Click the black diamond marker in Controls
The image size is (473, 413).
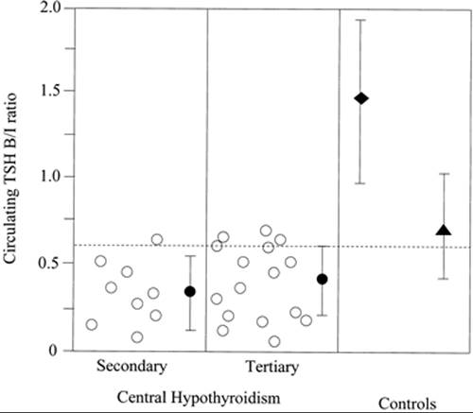(361, 98)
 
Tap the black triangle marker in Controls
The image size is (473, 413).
(444, 231)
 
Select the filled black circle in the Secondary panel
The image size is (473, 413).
(190, 291)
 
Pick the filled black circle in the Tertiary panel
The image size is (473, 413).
(322, 279)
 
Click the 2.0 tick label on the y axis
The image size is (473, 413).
(51, 7)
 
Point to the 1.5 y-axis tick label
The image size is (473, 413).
(51, 91)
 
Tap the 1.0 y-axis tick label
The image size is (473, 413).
(51, 177)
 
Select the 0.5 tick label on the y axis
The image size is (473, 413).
(51, 263)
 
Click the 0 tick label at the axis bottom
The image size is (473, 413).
(53, 351)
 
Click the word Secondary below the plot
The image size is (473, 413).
(131, 367)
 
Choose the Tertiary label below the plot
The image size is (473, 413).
(272, 367)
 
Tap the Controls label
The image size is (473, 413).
(407, 404)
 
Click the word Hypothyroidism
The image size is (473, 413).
(226, 398)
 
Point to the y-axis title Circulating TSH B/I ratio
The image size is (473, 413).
(10, 178)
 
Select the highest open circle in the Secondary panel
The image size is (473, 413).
(157, 240)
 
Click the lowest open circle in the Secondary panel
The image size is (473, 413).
(137, 337)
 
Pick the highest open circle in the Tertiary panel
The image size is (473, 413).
(266, 231)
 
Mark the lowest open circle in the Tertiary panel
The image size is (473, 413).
(274, 341)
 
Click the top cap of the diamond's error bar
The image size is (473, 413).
(360, 20)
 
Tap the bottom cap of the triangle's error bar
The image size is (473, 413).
(443, 279)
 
